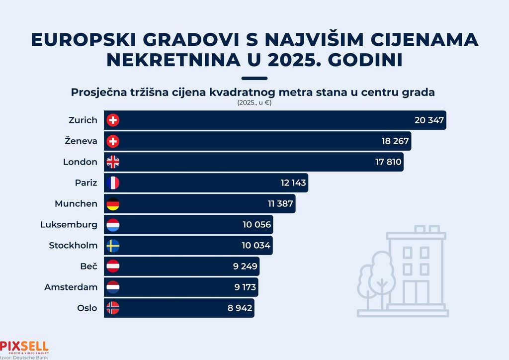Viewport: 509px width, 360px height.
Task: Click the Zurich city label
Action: (x=83, y=120)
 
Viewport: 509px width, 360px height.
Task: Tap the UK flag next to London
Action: (x=113, y=162)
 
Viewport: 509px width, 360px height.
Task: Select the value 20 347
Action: (x=429, y=120)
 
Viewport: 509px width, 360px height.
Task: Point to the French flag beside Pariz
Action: (x=113, y=183)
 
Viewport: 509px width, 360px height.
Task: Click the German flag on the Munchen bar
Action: (x=113, y=204)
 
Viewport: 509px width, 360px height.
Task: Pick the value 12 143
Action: (x=293, y=183)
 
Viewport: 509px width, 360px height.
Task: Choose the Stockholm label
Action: (x=73, y=245)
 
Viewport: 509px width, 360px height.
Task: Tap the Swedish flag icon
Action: (x=113, y=246)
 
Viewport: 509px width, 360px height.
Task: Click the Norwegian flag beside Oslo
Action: (x=113, y=308)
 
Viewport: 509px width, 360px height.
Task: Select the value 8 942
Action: (x=241, y=308)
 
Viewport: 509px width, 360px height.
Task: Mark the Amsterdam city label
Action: (x=71, y=287)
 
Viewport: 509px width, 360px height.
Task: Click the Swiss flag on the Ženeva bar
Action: (x=113, y=141)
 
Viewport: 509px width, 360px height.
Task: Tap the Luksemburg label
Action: (x=69, y=224)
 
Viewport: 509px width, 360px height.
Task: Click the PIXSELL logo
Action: (x=24, y=347)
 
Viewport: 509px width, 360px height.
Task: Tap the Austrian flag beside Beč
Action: (x=113, y=267)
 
